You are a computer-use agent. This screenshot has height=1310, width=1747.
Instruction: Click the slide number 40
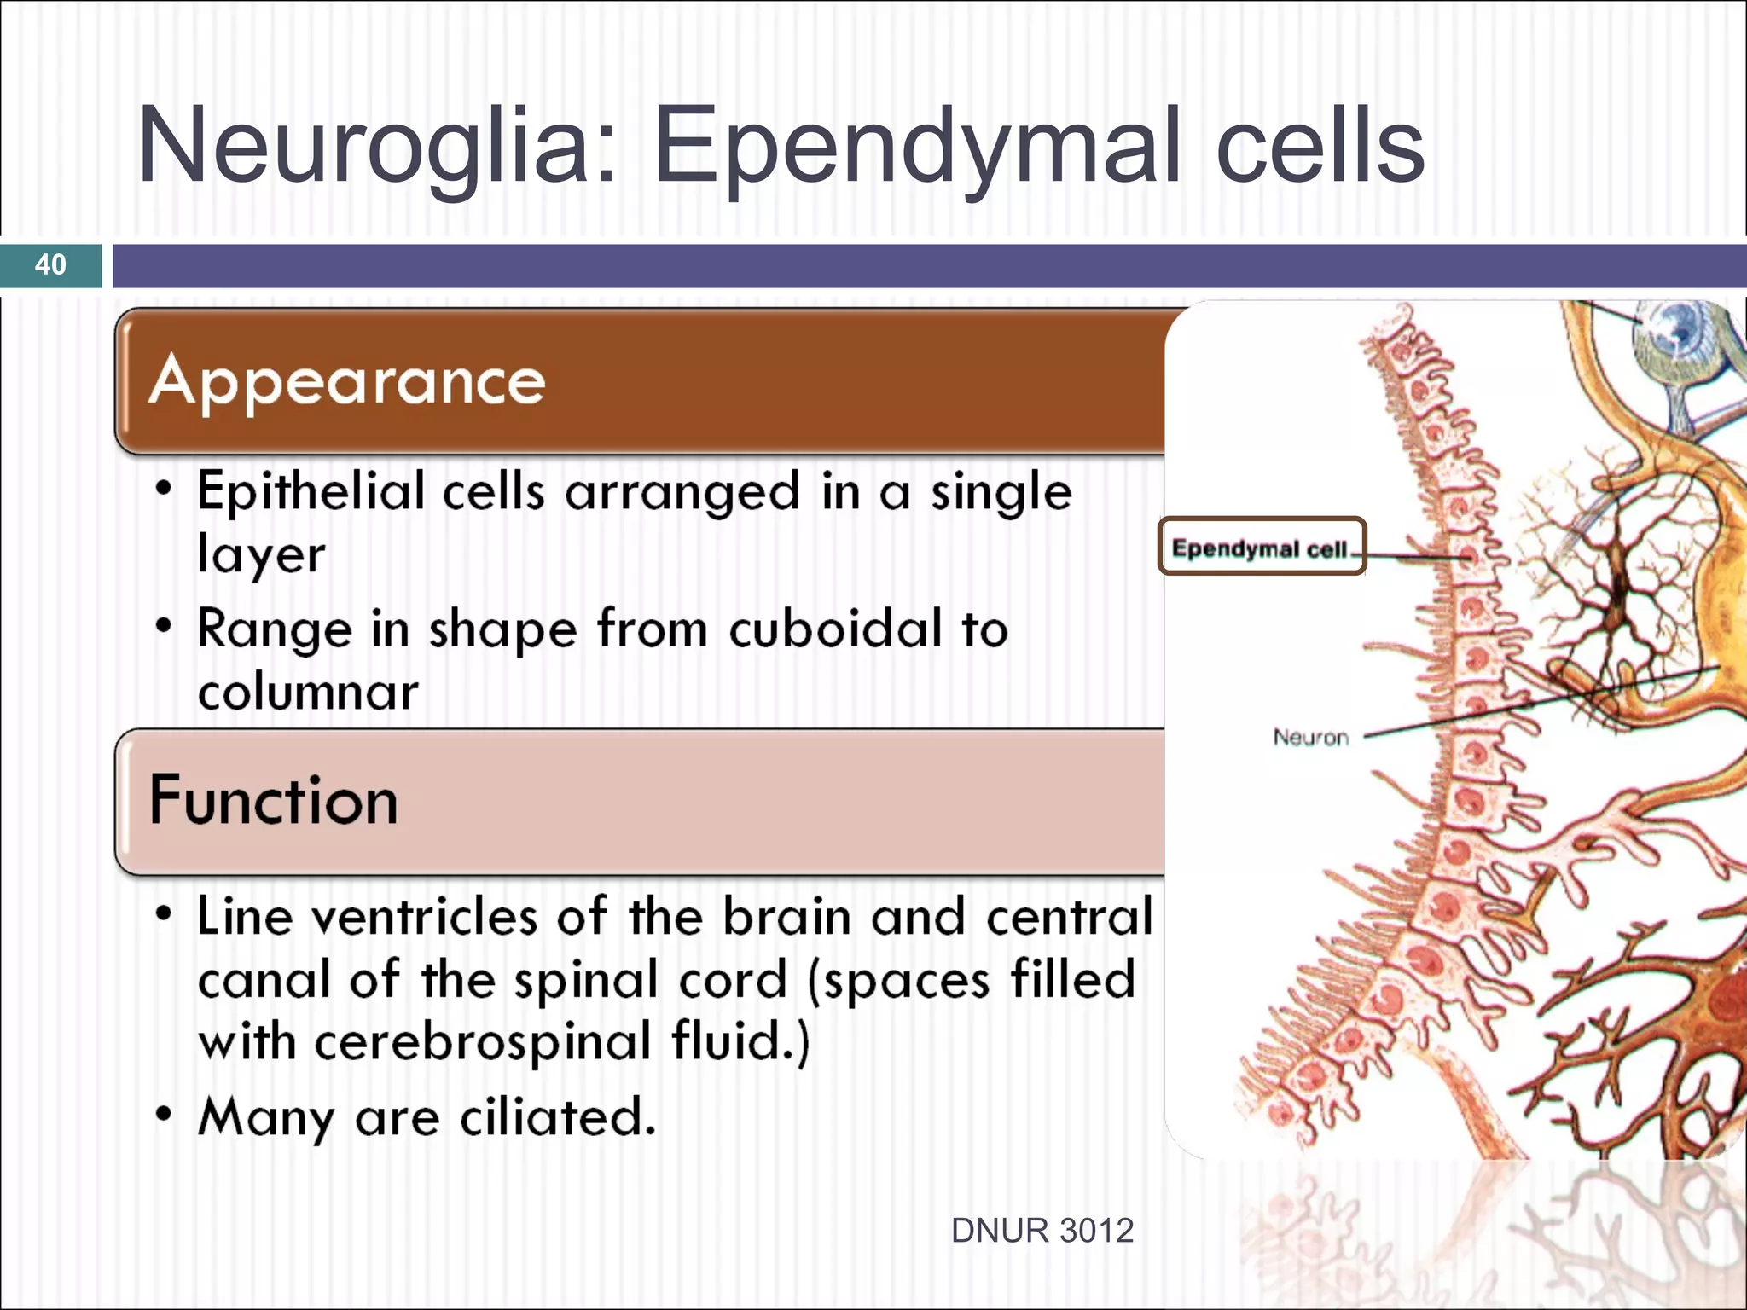[x=50, y=264]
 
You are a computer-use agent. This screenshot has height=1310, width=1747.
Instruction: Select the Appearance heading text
[x=346, y=381]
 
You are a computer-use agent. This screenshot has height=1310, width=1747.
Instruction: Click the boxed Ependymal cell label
[x=1260, y=548]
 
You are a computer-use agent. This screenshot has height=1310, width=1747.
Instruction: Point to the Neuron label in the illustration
[x=1310, y=736]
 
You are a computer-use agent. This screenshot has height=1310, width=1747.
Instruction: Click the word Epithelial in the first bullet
[x=311, y=493]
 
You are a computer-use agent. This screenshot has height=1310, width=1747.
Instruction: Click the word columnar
[x=308, y=692]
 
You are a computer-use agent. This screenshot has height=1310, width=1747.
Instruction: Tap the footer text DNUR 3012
[x=1042, y=1231]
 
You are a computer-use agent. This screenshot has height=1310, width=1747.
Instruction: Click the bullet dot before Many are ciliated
[x=164, y=1114]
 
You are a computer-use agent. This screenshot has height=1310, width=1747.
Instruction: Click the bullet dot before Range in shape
[x=164, y=627]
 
